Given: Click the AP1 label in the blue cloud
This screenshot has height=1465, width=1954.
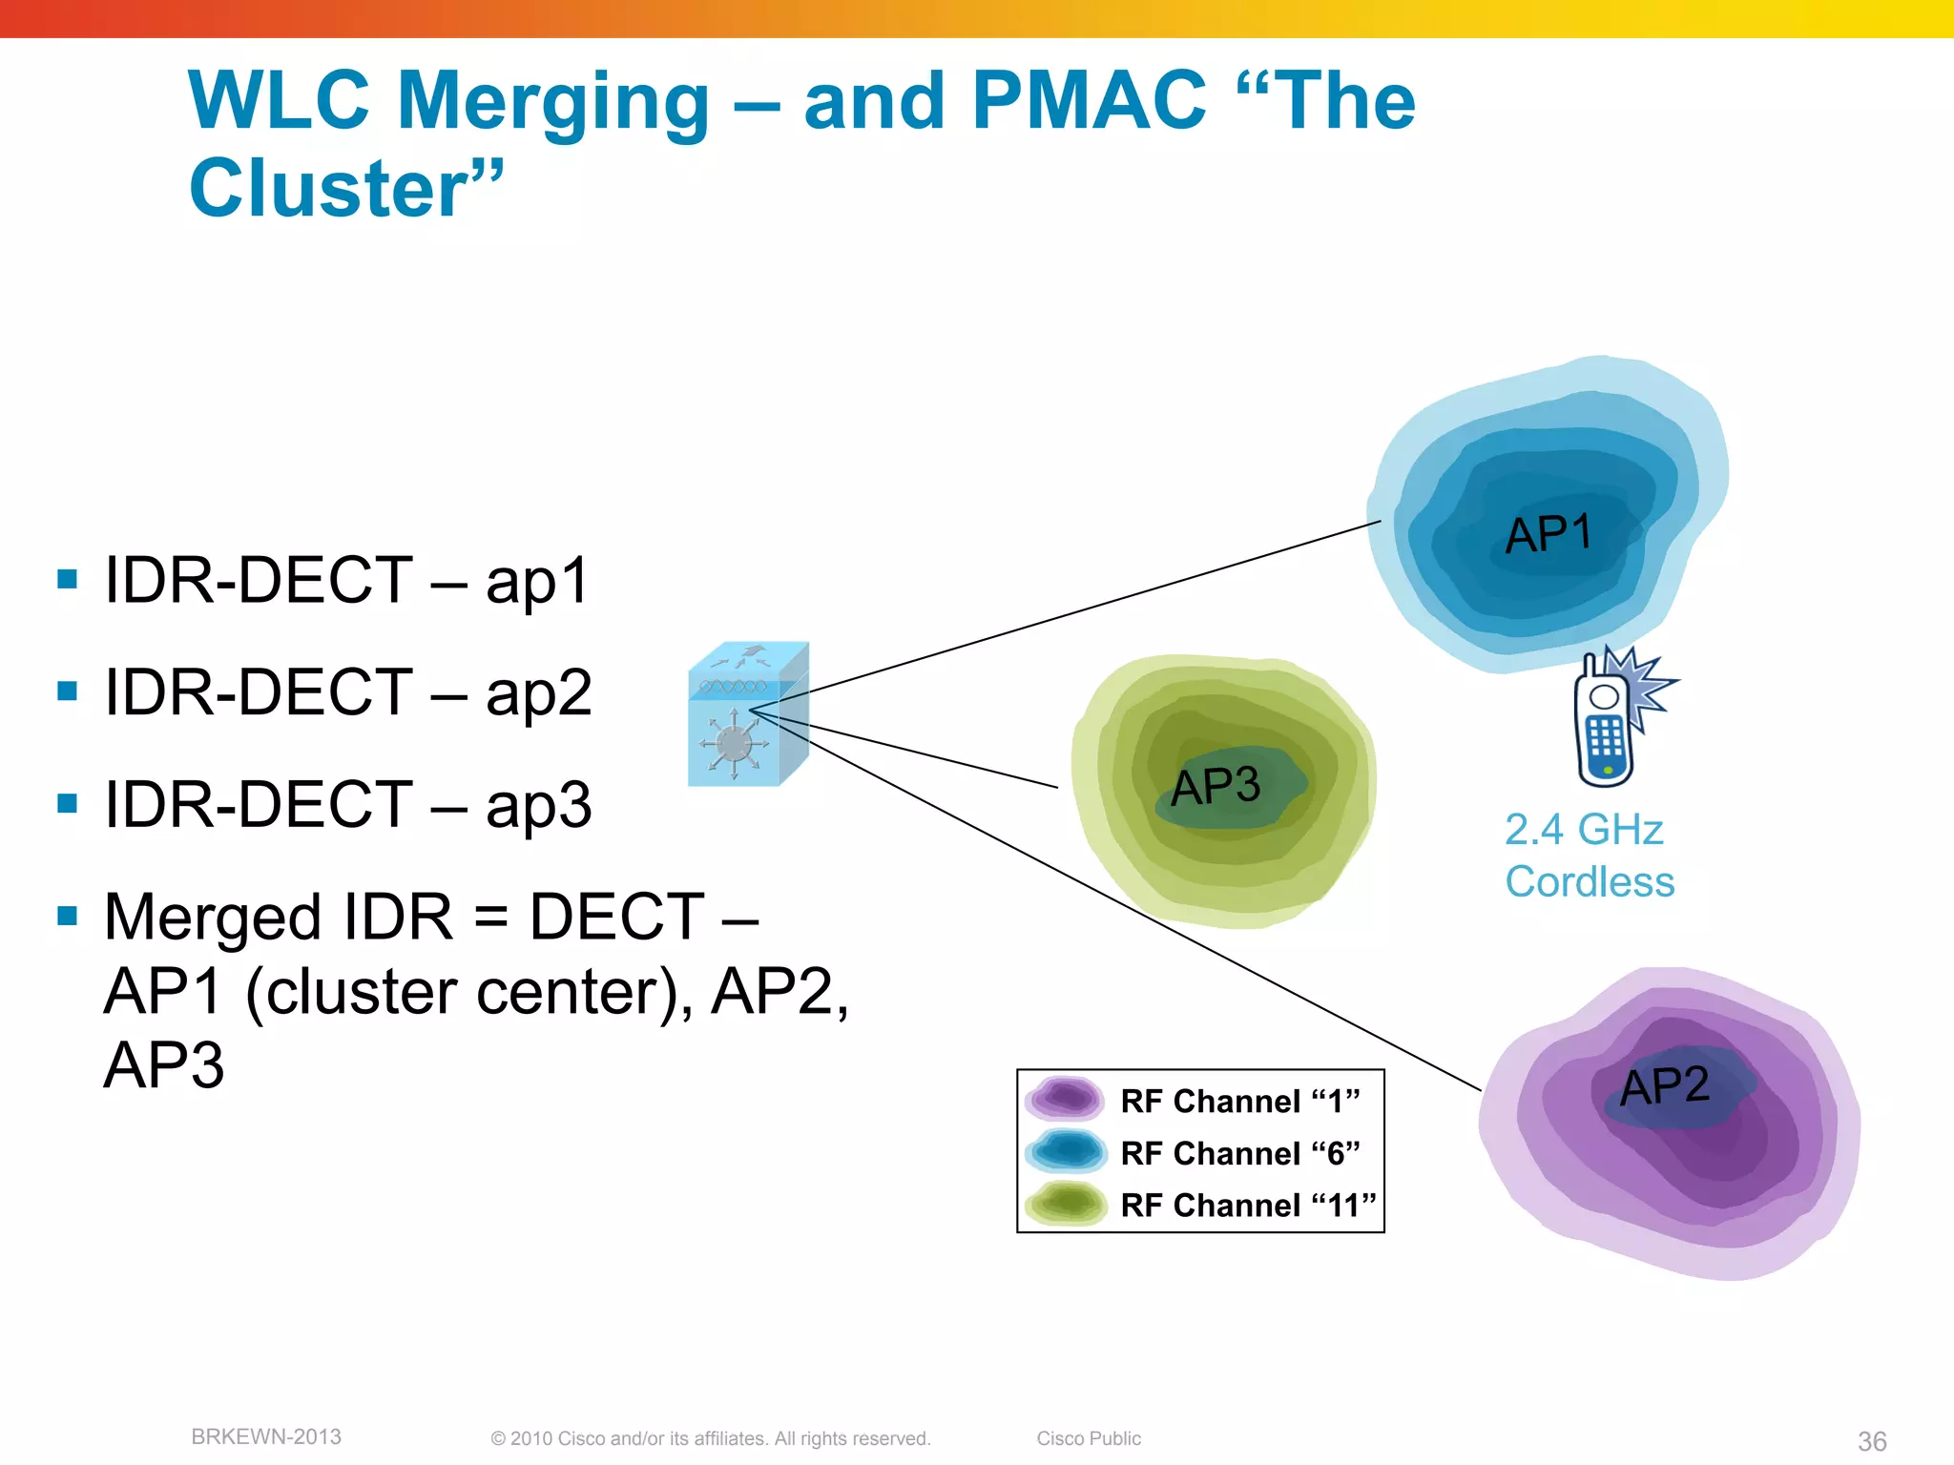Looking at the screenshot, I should click(1549, 533).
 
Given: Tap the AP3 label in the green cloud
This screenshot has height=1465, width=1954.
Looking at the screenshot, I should click(1216, 787).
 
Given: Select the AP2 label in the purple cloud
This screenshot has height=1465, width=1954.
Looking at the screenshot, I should click(1665, 1086).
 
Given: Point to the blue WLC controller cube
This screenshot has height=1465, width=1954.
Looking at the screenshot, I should click(747, 715).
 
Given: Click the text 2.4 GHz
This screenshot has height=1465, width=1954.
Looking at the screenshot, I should click(1584, 830).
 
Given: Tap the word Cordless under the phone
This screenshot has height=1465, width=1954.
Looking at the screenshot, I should click(1590, 882).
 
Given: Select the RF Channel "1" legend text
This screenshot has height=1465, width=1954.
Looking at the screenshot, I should click(1239, 1102).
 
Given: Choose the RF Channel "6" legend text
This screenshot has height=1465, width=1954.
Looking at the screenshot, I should click(1239, 1154).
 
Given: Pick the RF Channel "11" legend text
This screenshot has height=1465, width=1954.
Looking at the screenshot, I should click(1248, 1206).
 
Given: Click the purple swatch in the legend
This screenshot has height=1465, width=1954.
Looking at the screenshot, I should click(1065, 1098).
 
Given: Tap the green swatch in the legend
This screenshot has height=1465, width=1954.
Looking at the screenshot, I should click(1065, 1204).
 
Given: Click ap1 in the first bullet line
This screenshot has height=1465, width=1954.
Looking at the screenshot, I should click(537, 581).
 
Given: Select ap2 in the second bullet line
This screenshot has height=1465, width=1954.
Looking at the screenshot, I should click(538, 693).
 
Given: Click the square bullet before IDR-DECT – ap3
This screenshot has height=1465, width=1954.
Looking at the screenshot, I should click(67, 803).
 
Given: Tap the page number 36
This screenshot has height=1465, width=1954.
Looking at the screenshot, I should click(1872, 1441).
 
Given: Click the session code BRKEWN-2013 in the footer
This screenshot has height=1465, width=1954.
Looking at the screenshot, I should click(266, 1436).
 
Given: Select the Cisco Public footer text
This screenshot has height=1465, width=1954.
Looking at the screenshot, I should click(1089, 1438).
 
